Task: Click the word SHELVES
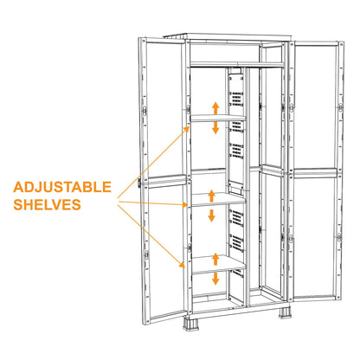tap(49, 205)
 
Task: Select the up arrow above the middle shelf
tap(211, 192)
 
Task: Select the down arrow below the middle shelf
tap(211, 214)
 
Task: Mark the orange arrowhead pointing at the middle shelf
tap(189, 204)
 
